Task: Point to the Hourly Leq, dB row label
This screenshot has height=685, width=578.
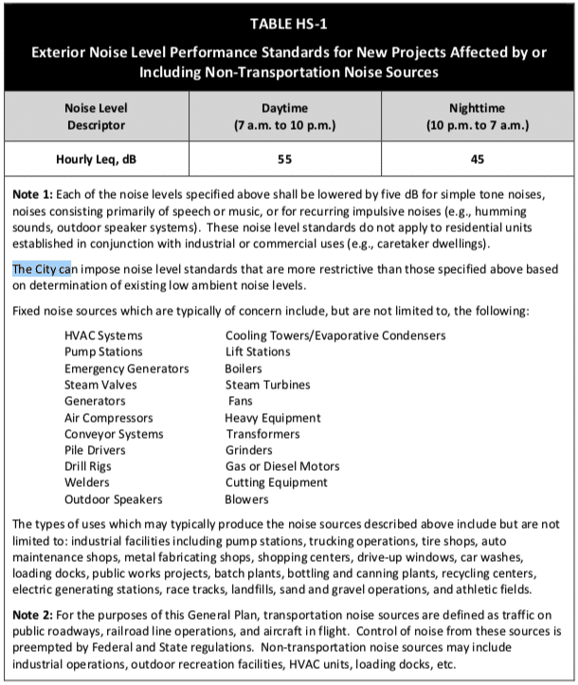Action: point(94,159)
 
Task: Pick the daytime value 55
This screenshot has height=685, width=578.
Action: point(284,159)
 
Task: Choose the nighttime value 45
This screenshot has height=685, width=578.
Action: point(477,159)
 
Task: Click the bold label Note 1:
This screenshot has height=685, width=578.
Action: point(34,193)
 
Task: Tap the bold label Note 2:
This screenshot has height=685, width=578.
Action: point(34,618)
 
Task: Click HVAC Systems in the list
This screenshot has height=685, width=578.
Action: point(103,335)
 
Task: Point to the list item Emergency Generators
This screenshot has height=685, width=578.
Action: point(126,369)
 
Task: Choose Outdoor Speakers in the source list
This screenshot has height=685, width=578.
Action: point(113,499)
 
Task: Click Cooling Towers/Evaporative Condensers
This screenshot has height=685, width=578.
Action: point(334,335)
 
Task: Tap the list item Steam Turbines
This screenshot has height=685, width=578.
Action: point(267,385)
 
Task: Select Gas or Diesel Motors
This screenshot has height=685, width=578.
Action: point(281,466)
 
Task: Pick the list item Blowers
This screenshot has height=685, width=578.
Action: point(246,499)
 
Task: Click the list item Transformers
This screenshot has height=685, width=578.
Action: point(262,434)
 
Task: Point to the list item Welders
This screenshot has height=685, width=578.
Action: point(87,482)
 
